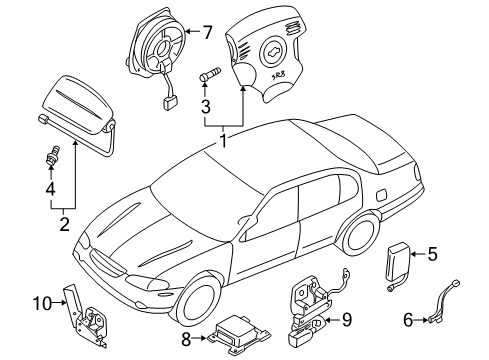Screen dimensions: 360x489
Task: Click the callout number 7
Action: coord(207,33)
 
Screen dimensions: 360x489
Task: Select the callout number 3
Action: coord(204,107)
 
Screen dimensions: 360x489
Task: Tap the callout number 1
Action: coord(224,142)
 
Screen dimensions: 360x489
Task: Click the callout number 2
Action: coord(64,223)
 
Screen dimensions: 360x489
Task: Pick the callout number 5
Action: coord(432,254)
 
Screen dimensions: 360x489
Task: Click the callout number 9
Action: coord(346,320)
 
